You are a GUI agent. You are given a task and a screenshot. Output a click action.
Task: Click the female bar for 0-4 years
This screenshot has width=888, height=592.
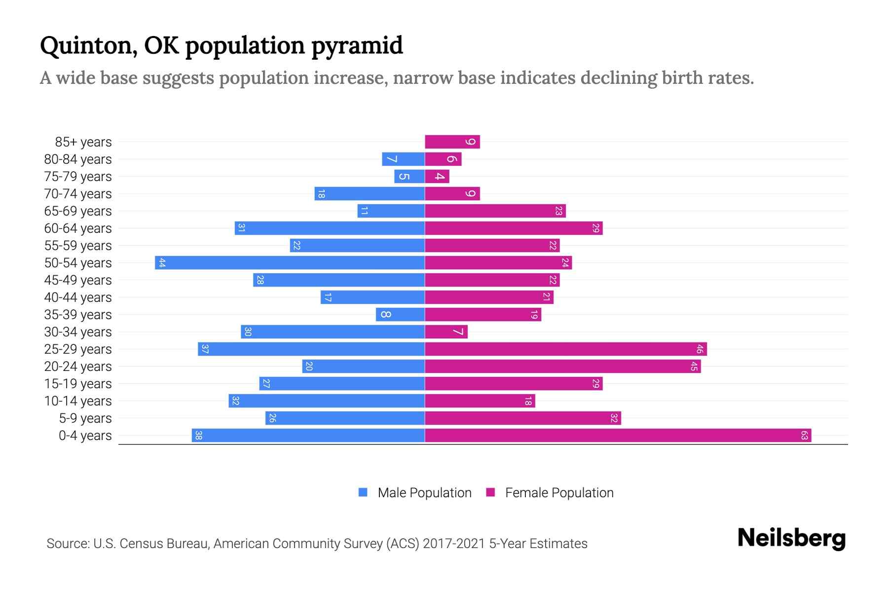point(618,436)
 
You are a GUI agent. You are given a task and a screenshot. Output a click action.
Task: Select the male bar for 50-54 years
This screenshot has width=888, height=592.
point(290,263)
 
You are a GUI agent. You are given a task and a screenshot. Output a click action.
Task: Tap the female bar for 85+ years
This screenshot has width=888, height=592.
point(452,142)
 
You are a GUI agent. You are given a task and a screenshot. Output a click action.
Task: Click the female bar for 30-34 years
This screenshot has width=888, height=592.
point(446,332)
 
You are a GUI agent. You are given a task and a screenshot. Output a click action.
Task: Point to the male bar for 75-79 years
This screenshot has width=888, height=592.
point(409,177)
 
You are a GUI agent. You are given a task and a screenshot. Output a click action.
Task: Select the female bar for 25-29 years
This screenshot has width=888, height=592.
point(565,349)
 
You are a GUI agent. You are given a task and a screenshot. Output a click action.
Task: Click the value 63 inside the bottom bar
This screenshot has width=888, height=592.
point(804,436)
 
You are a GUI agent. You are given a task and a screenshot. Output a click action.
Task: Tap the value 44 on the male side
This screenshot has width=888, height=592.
point(162,263)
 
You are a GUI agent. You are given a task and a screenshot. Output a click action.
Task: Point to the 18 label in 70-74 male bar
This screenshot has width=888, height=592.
point(321,194)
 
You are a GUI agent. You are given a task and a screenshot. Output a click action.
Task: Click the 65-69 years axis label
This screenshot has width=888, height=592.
point(78,211)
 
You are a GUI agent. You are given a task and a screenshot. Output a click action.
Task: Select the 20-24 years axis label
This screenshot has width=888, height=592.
point(78,367)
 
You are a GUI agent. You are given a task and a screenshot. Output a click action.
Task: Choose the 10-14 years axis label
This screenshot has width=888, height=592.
point(78,401)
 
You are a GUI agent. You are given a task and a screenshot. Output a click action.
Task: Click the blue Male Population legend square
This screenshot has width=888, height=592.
point(363,492)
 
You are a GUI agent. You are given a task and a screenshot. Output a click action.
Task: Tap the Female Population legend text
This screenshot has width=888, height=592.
point(559,493)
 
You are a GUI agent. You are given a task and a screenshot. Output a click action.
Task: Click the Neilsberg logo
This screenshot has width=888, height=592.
point(791,538)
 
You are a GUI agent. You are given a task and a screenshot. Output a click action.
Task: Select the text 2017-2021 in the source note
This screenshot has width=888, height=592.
point(453,544)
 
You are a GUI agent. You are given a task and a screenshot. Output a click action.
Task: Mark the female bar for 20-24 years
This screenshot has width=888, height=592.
point(562,367)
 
